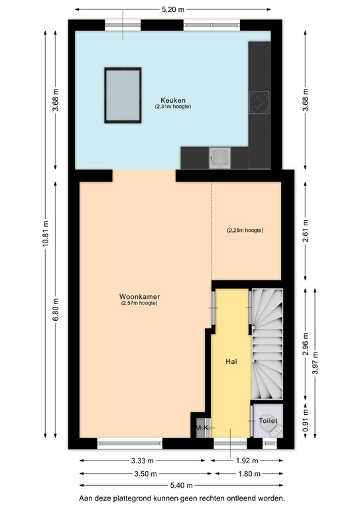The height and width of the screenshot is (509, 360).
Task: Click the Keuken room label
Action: [x=172, y=100]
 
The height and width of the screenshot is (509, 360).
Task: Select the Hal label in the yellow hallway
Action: [x=231, y=362]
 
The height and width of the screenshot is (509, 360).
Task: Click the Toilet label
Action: [x=267, y=421]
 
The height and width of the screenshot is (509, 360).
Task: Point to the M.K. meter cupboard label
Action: [x=202, y=429]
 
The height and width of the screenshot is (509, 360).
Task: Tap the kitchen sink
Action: [x=219, y=158]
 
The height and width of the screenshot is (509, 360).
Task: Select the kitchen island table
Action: [x=123, y=95]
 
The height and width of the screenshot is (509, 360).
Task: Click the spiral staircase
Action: [x=267, y=345]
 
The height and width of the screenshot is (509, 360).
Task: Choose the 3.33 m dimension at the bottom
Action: [x=142, y=461]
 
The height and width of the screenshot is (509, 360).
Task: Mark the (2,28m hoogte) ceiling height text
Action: [x=245, y=231]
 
